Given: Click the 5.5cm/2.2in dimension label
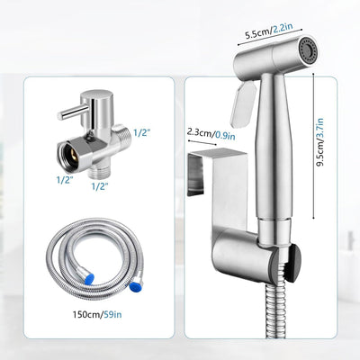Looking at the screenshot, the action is point(269,31).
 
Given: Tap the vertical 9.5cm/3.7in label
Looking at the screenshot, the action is point(320,142).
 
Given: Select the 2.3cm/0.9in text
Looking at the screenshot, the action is point(211,134).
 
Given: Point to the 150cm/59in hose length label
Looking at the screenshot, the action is point(97,314).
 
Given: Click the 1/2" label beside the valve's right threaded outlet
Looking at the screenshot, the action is point(142,132).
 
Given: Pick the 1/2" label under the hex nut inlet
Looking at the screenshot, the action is point(65,180).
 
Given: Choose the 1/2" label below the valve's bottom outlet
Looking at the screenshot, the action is point(100,186).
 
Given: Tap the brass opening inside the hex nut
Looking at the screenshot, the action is point(72,157).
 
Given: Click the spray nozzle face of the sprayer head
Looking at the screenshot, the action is point(307,49).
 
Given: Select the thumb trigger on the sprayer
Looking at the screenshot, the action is point(242,105).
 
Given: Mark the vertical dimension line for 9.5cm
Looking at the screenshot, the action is point(314,147).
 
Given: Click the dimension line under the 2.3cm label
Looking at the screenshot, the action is point(202,142).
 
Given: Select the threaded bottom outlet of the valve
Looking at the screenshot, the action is point(98,173).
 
